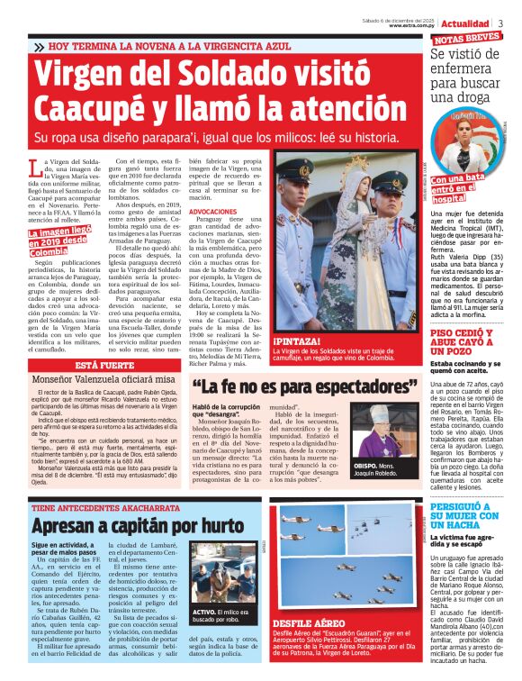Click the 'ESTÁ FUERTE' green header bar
(x=104, y=365)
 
